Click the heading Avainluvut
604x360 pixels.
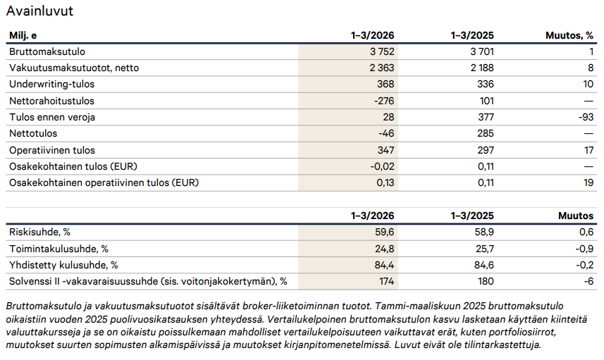click(x=39, y=11)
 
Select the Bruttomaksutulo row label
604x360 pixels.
click(x=47, y=51)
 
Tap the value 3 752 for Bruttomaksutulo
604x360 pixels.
click(x=382, y=51)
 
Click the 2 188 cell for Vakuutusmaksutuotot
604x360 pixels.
click(x=482, y=68)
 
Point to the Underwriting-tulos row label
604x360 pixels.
click(x=51, y=85)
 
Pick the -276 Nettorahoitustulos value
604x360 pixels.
click(x=384, y=101)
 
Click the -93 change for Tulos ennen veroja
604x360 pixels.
click(x=586, y=117)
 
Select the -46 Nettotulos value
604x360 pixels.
click(x=386, y=134)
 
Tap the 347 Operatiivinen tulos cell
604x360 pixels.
click(x=386, y=150)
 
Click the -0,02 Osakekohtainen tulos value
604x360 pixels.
click(x=382, y=166)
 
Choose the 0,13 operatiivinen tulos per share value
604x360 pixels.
click(x=386, y=182)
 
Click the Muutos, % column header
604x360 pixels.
click(x=569, y=35)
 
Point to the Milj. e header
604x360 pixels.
click(x=23, y=35)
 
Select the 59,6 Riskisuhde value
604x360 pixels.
click(x=384, y=232)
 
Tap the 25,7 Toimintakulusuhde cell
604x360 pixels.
click(x=485, y=249)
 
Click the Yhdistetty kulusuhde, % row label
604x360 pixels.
click(x=63, y=266)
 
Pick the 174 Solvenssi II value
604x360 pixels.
click(x=386, y=282)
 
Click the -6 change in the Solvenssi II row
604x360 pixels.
click(x=588, y=282)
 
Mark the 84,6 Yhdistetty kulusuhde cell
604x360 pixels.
click(x=485, y=266)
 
